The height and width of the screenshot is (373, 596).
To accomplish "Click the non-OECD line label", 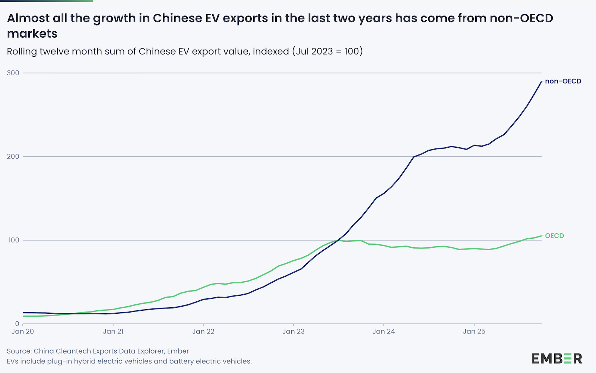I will (563, 81).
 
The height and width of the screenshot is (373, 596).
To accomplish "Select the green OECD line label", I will (554, 236).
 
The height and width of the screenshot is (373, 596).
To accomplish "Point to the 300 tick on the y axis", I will (13, 73).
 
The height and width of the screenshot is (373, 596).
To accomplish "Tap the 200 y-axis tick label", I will (13, 157).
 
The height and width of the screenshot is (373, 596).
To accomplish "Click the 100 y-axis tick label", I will (13, 240).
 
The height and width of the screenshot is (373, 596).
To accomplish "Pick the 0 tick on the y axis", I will (17, 324).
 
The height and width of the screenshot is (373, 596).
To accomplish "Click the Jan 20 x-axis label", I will (23, 332).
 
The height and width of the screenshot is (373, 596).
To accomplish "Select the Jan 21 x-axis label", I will (113, 332).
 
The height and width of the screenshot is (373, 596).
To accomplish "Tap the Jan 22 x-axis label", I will (203, 332).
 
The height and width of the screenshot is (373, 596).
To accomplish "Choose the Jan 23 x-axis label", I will (294, 332).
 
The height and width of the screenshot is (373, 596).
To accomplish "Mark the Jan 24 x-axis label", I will (384, 332).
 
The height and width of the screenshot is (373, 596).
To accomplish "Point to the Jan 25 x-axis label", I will (474, 332).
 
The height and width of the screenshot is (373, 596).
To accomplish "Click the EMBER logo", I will (557, 358).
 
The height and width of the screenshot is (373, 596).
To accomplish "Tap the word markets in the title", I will (32, 34).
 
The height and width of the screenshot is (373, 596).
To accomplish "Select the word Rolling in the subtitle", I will (22, 51).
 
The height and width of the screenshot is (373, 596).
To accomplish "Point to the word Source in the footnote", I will (18, 351).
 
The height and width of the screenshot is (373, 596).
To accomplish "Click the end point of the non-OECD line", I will (541, 82).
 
